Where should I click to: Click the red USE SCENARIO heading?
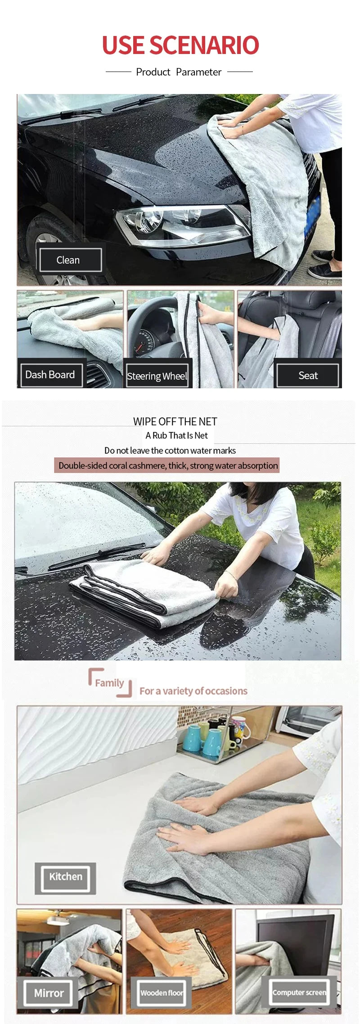pos(180,45)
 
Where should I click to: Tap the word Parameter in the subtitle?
pos(198,72)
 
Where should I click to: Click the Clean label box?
pos(70,260)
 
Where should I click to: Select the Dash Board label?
pos(51,375)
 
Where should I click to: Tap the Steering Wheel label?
pos(157,376)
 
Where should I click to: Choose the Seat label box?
pos(308,375)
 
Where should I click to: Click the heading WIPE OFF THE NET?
pos(175,422)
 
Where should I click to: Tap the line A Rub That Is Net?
pos(176,436)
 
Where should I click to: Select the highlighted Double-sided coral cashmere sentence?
pos(168,466)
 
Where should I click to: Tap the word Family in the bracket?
pos(109,683)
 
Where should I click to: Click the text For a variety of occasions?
pos(193,691)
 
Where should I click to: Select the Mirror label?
pos(49,993)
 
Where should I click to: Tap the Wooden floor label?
pos(161,993)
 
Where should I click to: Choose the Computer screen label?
pos(299,993)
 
